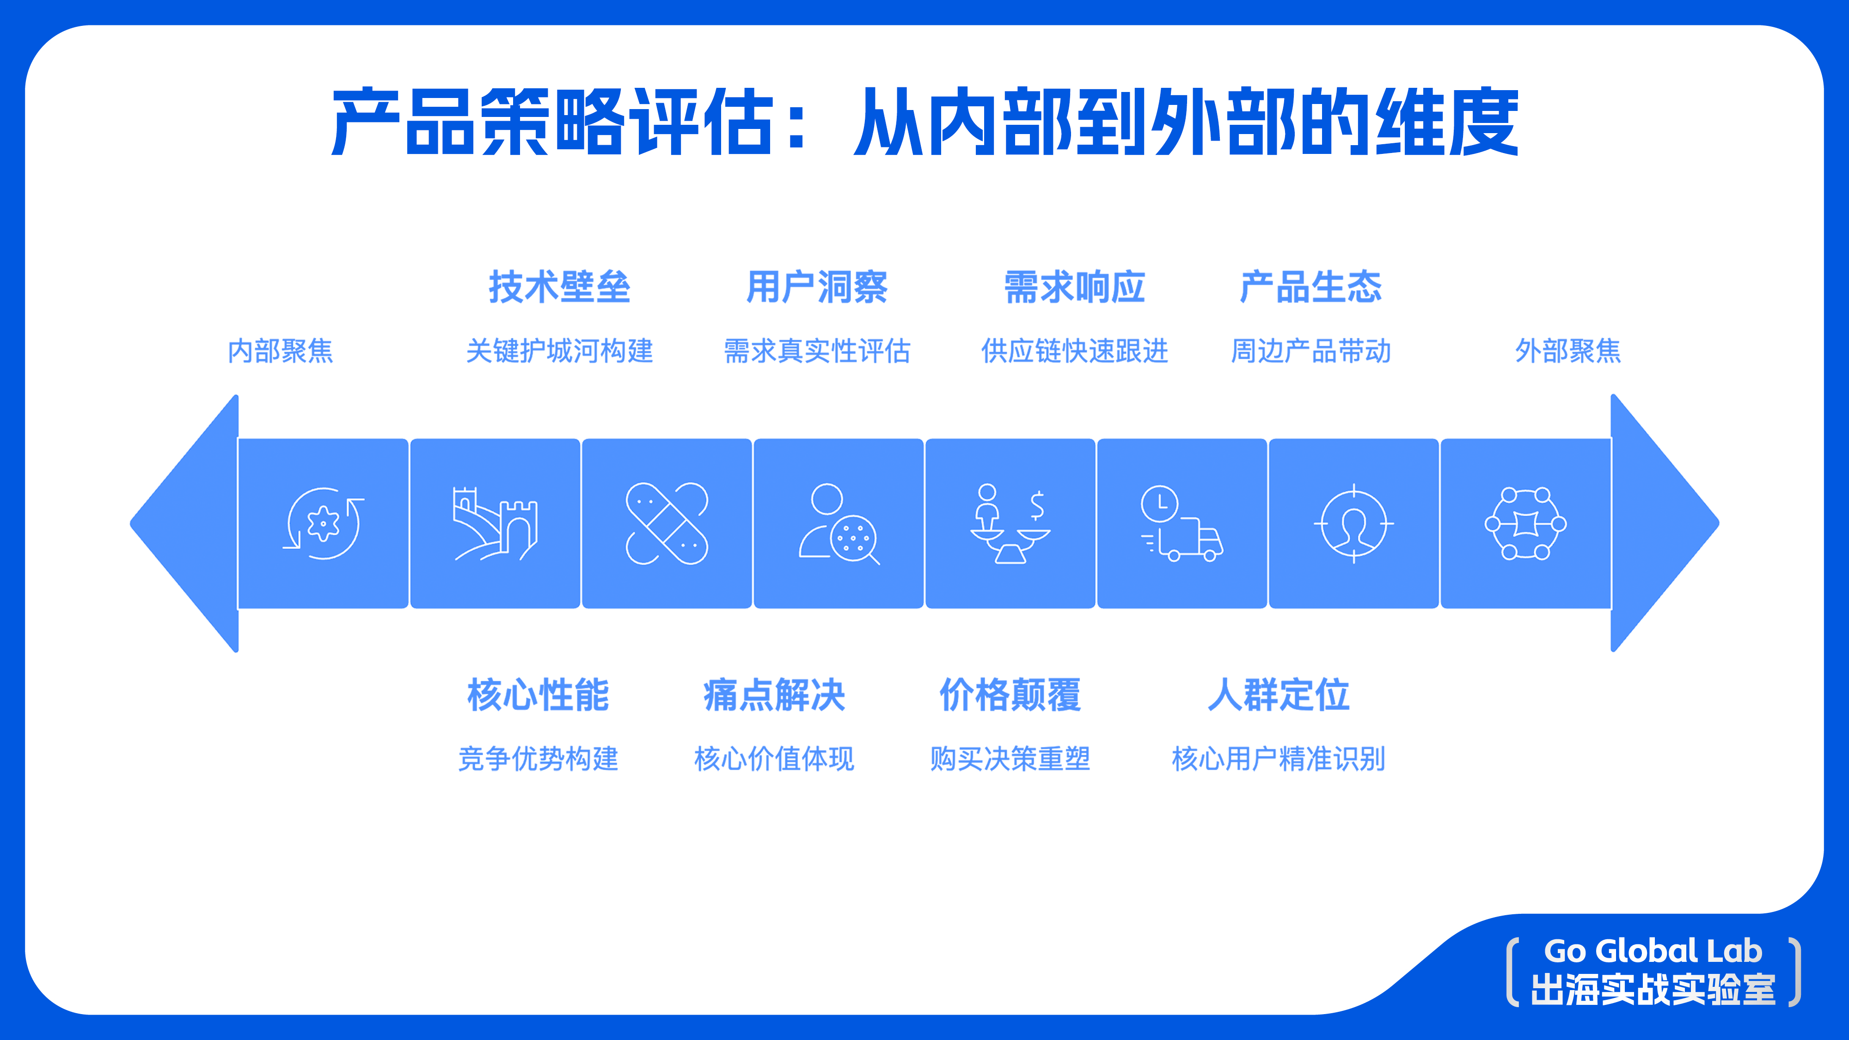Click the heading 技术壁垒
(559, 287)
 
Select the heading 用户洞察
(817, 287)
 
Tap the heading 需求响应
(1075, 287)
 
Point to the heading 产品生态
(1310, 287)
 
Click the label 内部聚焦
(281, 351)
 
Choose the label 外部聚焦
(1567, 351)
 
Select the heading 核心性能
(539, 695)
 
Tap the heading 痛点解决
(774, 695)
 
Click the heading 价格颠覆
(1010, 695)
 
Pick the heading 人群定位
(1279, 695)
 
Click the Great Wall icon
(495, 524)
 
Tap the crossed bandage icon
(667, 524)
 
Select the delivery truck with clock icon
(1182, 524)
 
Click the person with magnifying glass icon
(839, 524)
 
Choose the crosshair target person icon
(1354, 524)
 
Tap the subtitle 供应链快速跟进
(1075, 351)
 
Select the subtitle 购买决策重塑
(1010, 759)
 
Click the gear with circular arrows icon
(323, 524)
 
